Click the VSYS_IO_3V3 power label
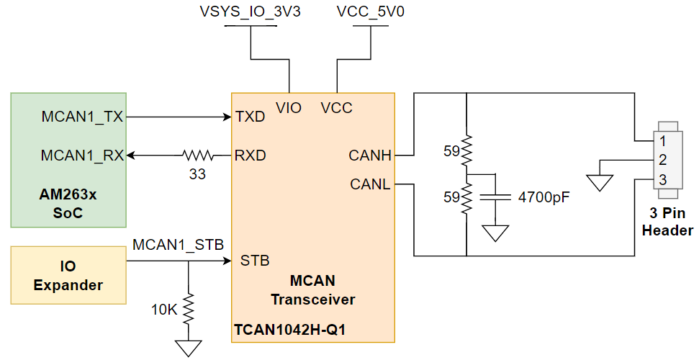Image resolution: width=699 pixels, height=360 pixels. coord(248,13)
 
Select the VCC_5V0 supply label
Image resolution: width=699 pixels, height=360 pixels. coord(370,13)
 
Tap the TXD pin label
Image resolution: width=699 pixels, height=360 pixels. coord(250,117)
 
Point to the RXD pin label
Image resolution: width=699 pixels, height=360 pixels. coord(250,155)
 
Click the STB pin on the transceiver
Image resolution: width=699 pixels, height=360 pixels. coord(255,261)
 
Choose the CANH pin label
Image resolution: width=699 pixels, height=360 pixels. coord(369,155)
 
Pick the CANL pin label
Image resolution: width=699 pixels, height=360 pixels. coord(370,184)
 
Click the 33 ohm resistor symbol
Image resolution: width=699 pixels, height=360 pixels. coord(198,155)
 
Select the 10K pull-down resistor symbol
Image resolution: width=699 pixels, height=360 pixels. coord(189,310)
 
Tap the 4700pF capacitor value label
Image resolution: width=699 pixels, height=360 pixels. coord(544,197)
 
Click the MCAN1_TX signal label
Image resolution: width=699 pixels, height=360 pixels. coord(81,117)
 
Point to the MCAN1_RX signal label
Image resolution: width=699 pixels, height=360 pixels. coord(81,155)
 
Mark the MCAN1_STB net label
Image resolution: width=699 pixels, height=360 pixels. coord(173,245)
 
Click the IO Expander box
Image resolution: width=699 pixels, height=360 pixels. coord(68,276)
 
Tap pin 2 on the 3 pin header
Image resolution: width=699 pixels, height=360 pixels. coord(663,160)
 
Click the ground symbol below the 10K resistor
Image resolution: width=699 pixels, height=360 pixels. coord(189,348)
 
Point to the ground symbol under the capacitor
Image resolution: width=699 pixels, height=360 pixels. coord(495,233)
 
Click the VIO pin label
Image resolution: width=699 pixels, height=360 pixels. coord(289,108)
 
